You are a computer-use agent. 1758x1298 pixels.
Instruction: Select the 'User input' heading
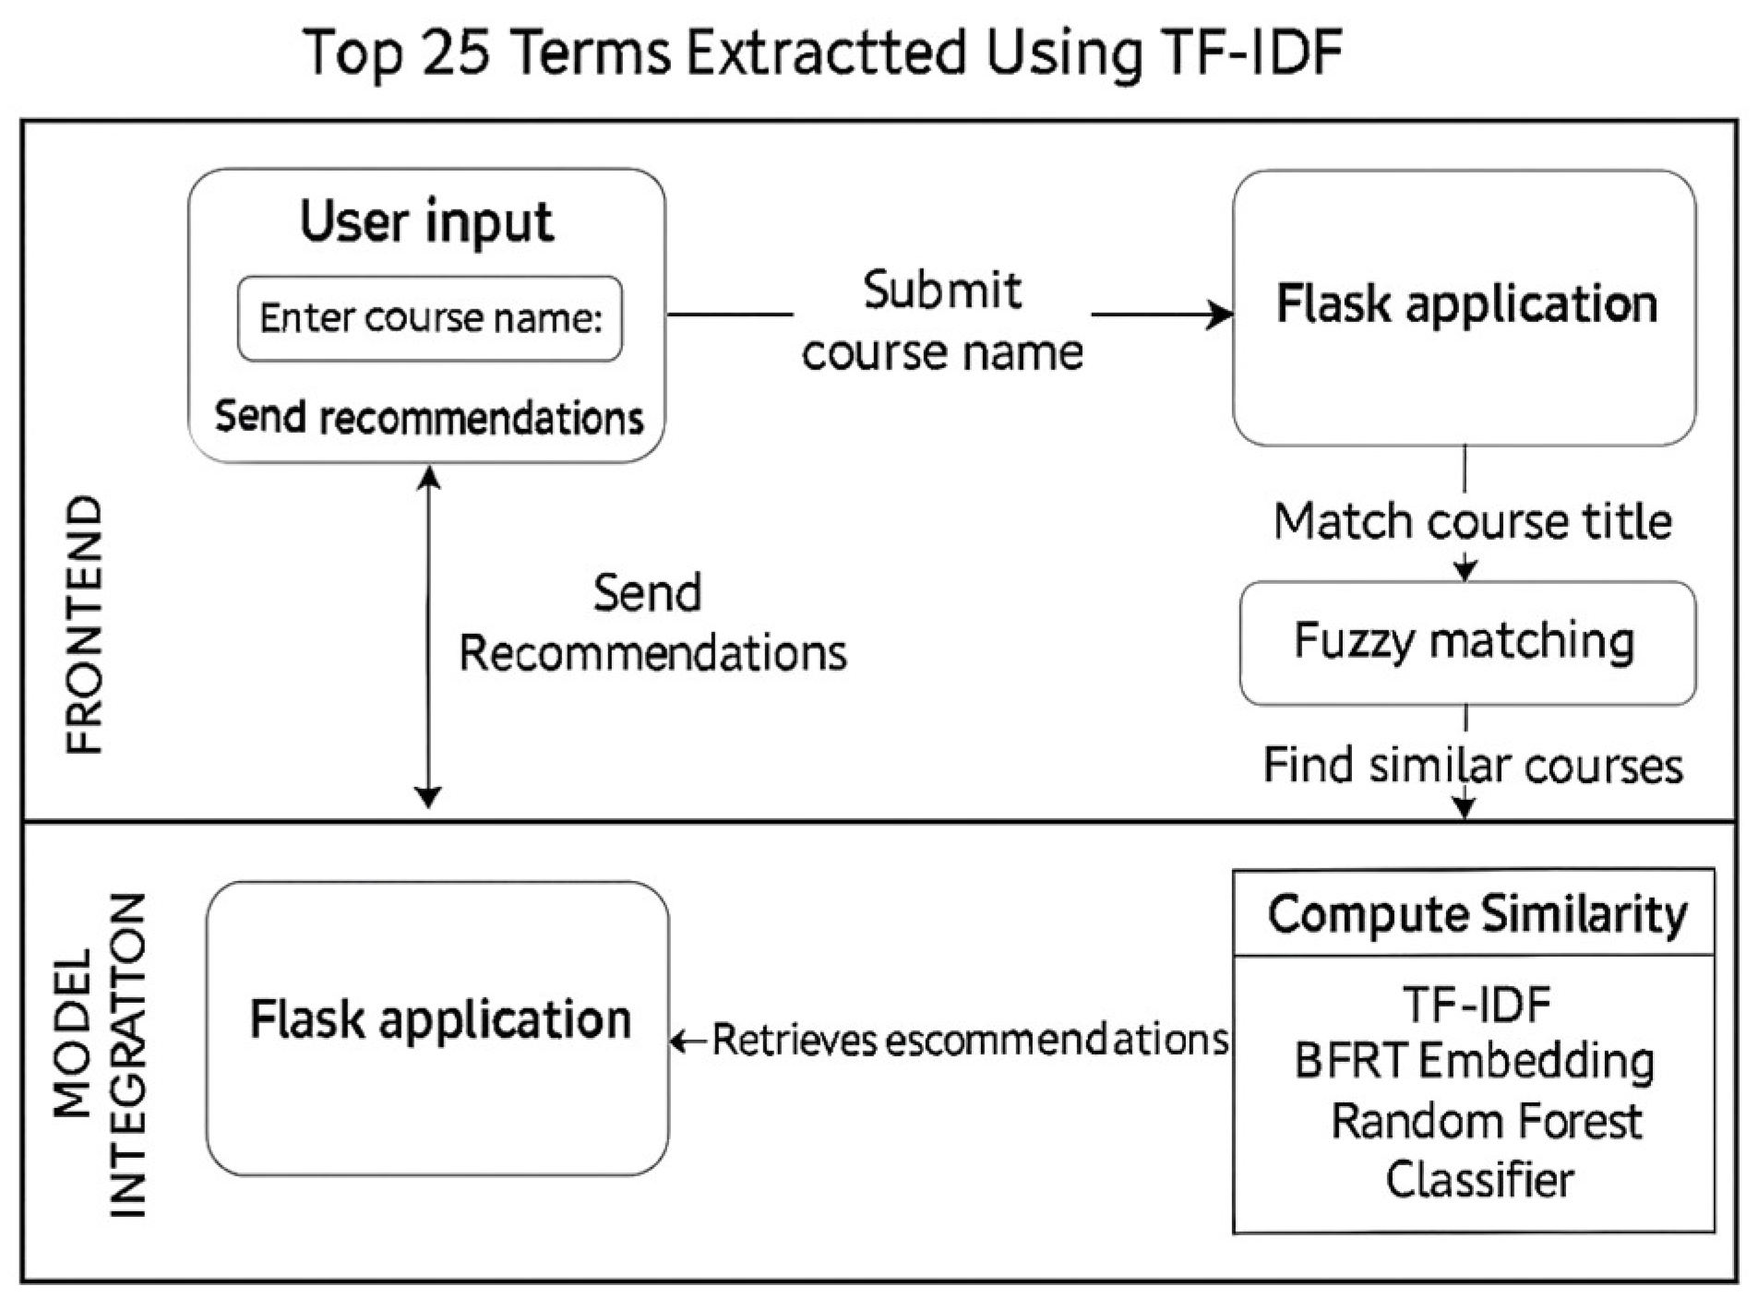(426, 222)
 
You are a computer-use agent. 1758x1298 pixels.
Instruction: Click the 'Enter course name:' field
(430, 318)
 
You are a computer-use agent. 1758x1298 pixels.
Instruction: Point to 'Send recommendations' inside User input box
(429, 418)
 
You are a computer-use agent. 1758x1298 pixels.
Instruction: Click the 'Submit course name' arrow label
(941, 321)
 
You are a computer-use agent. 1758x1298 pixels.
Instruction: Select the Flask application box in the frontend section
(1465, 307)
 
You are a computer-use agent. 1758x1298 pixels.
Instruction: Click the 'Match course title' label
(1472, 522)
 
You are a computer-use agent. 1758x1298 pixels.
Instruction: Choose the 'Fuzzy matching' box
(1466, 643)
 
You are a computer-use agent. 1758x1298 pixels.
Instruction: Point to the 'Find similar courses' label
(1472, 766)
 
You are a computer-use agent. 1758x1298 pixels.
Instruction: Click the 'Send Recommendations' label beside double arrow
(652, 623)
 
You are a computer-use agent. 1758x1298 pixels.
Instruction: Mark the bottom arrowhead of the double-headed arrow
(427, 797)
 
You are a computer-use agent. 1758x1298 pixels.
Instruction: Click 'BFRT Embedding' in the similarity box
(1474, 1062)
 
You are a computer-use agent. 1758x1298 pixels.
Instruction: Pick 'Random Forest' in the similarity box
(1486, 1122)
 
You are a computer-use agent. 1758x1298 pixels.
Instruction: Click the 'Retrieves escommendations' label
(969, 1041)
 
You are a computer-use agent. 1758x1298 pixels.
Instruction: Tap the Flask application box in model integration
(438, 1028)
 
